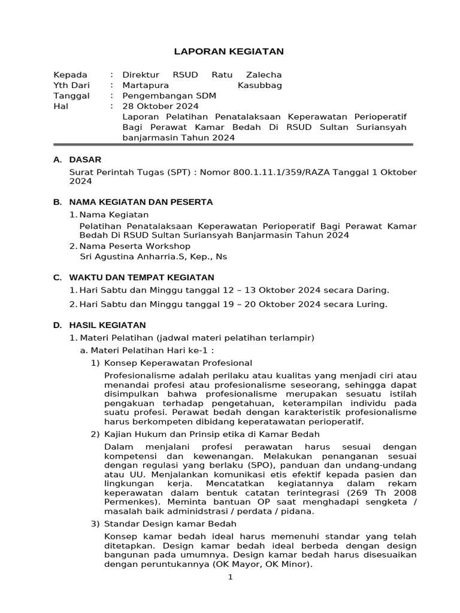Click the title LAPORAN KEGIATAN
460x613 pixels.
point(229,52)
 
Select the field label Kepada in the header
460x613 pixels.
point(71,75)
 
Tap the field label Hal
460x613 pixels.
point(61,106)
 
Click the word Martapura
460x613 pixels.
point(145,86)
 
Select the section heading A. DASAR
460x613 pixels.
point(77,159)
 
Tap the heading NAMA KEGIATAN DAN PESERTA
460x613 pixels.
point(141,202)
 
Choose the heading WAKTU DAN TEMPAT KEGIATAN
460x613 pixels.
point(141,278)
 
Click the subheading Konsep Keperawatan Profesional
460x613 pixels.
point(178,363)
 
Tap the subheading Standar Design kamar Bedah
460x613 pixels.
point(171,524)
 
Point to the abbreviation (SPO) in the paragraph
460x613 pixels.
point(241,465)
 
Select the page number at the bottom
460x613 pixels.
point(230,578)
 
